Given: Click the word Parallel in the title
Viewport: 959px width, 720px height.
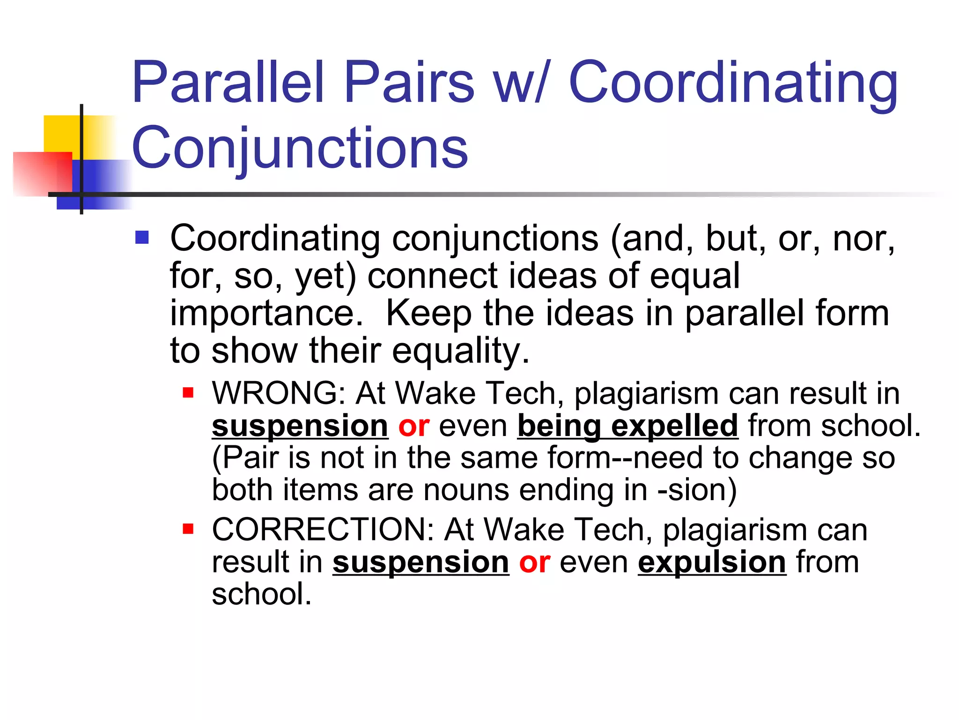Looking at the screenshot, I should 228,82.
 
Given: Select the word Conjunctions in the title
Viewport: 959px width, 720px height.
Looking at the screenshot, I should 300,148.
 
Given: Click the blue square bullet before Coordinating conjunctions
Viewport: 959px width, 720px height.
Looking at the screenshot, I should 141,238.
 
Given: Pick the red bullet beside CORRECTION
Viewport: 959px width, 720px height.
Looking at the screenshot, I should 188,529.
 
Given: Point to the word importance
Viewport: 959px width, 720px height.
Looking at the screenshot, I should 266,313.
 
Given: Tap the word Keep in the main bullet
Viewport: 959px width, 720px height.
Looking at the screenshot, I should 428,313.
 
